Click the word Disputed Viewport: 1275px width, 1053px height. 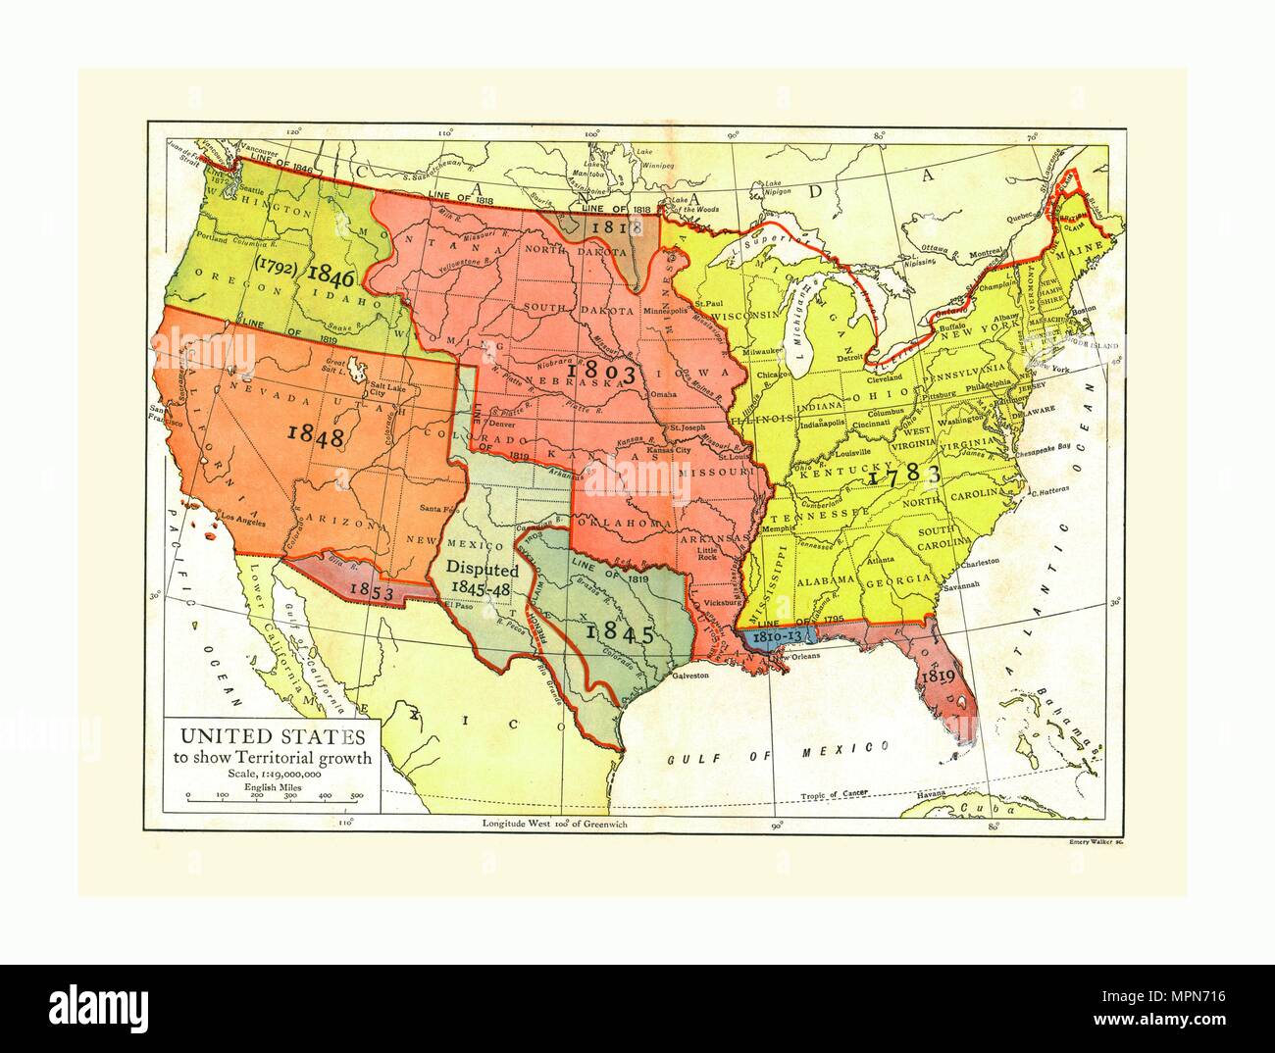(483, 568)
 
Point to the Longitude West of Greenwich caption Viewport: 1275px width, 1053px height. (555, 825)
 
